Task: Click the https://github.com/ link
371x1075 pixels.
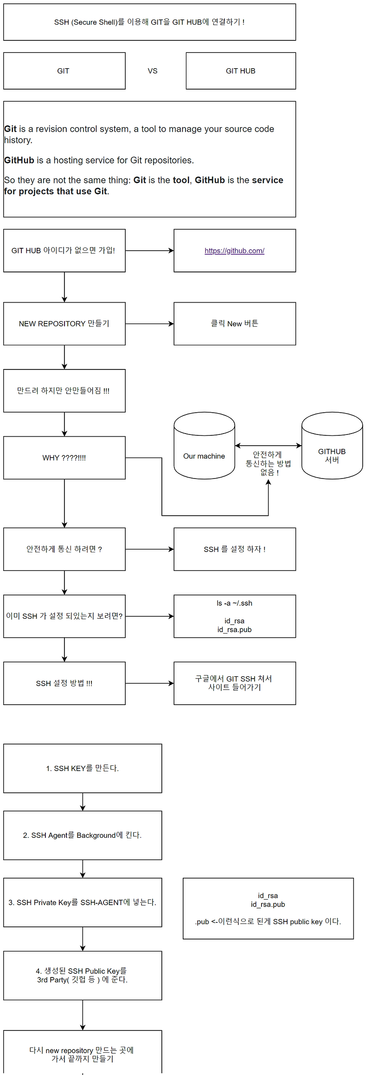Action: click(234, 251)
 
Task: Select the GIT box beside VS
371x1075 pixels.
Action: click(64, 71)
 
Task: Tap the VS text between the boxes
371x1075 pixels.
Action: click(153, 71)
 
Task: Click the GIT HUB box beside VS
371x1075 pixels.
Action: click(241, 71)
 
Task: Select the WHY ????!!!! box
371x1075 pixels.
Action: click(64, 458)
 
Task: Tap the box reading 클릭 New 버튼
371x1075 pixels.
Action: click(235, 324)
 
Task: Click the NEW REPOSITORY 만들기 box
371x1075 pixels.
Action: click(64, 324)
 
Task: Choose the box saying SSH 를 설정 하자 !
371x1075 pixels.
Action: click(235, 549)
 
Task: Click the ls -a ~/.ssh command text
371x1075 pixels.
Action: click(235, 603)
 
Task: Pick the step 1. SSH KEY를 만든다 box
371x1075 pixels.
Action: click(83, 768)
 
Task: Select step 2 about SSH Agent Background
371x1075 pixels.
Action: click(83, 835)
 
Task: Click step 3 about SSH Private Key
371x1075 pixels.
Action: click(83, 902)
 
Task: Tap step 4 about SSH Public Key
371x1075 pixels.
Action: click(83, 975)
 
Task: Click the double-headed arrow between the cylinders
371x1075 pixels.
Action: click(268, 446)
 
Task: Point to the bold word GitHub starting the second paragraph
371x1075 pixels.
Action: click(19, 160)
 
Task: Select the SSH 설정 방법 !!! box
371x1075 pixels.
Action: click(64, 683)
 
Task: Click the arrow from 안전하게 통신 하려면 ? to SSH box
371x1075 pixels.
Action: click(149, 549)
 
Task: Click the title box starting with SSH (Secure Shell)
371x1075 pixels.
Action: click(149, 22)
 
